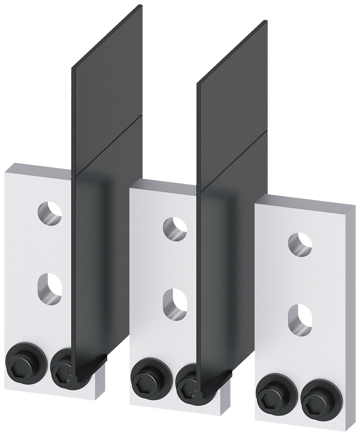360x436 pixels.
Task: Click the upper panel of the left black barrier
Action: tap(107, 96)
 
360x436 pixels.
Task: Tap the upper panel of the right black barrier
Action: tap(233, 109)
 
